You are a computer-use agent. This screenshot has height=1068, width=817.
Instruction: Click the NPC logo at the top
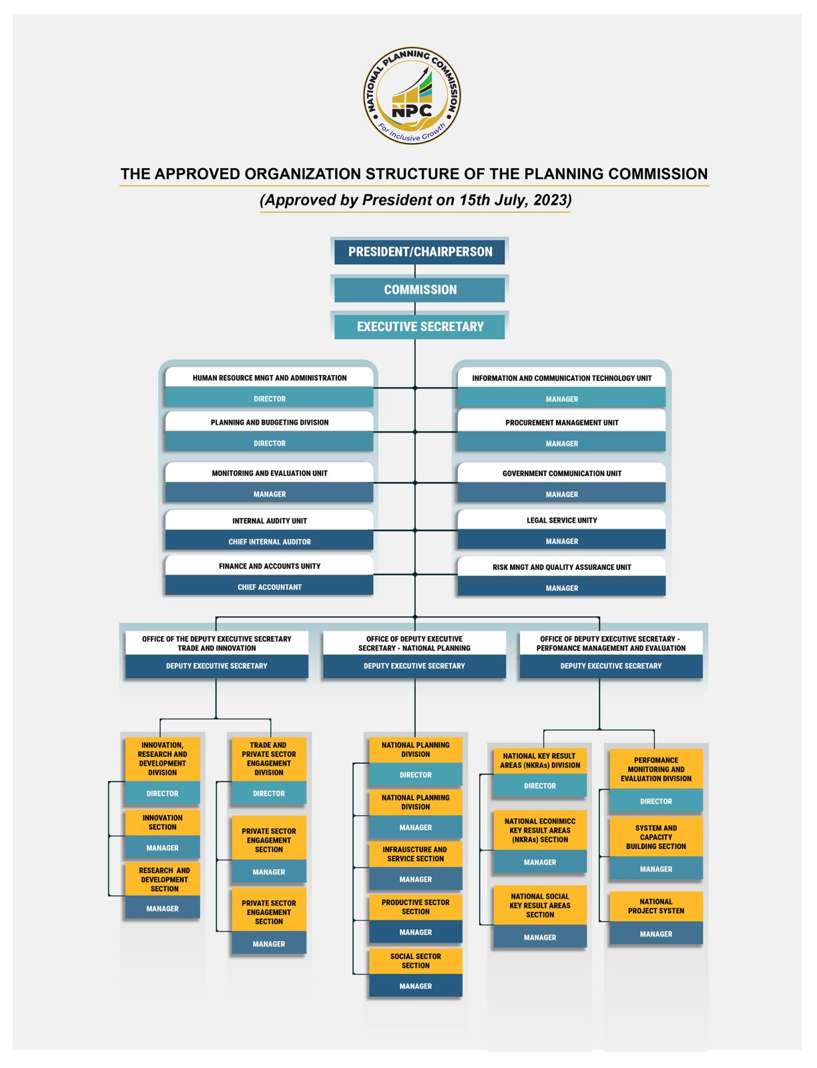click(x=412, y=95)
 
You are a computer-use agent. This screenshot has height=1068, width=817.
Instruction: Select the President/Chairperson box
click(x=419, y=252)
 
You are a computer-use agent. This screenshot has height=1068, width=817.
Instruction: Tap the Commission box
click(x=419, y=290)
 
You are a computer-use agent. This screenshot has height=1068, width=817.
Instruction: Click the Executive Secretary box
click(x=419, y=326)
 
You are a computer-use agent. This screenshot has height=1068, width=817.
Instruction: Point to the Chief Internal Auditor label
click(x=270, y=541)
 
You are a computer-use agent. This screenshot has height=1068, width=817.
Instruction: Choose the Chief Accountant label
click(x=270, y=587)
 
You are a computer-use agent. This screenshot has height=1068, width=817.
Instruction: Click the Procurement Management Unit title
click(x=561, y=423)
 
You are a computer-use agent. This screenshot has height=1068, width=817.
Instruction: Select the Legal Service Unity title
click(x=561, y=520)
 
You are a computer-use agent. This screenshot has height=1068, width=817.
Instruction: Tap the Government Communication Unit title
click(x=561, y=473)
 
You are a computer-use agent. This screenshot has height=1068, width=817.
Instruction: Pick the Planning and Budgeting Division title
click(x=270, y=422)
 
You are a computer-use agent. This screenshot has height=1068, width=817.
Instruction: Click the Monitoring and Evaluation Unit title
click(x=270, y=473)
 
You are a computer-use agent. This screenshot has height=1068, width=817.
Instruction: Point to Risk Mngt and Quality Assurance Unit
click(x=561, y=567)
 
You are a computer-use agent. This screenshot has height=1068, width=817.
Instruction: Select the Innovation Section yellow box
click(x=162, y=822)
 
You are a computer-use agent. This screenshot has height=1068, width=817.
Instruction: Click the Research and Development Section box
click(x=162, y=879)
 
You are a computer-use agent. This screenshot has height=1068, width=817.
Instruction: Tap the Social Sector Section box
click(x=416, y=961)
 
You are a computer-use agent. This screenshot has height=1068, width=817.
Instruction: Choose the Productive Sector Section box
click(x=416, y=906)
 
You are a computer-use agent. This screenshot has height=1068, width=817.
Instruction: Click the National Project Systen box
click(x=656, y=906)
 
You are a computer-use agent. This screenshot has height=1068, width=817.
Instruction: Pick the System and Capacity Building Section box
click(x=656, y=836)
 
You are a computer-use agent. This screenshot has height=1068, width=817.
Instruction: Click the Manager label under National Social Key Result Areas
click(x=539, y=937)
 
